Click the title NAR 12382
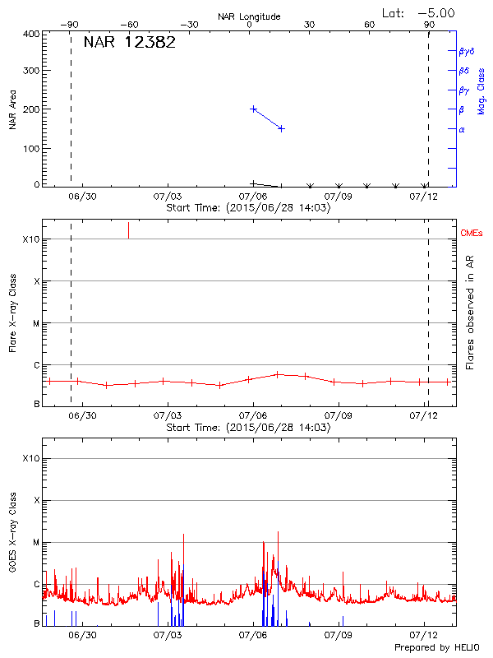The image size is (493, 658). click(x=129, y=43)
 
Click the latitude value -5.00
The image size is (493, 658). click(x=437, y=12)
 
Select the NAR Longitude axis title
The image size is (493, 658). click(x=249, y=16)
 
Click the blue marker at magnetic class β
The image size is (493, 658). click(x=253, y=109)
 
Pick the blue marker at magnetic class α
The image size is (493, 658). click(x=281, y=128)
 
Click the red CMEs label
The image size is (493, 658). click(x=472, y=234)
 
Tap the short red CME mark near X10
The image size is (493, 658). click(x=128, y=230)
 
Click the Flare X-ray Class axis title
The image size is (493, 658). click(x=12, y=313)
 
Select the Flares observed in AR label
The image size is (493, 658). click(x=470, y=313)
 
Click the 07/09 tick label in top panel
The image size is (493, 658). click(x=338, y=197)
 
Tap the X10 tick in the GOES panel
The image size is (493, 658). click(x=30, y=458)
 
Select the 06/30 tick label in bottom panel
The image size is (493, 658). click(x=82, y=635)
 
